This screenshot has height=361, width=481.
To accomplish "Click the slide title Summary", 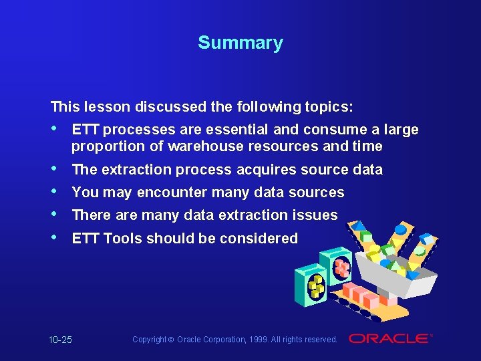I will coord(240,43).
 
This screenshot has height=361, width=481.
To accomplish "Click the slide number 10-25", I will coord(60,340).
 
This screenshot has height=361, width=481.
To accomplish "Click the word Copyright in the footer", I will coord(148,340).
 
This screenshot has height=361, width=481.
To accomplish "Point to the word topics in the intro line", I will coord(330,106).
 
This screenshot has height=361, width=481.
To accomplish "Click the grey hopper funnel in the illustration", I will coord(394,274).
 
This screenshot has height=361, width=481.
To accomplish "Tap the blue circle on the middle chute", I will coord(400,230).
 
